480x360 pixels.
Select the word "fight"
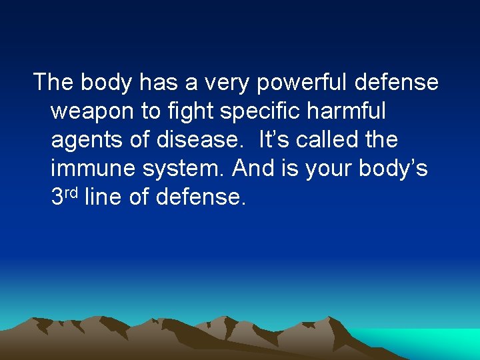pos(189,111)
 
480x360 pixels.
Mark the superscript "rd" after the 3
pos(73,193)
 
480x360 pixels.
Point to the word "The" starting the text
pos(54,83)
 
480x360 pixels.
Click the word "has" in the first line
pos(157,83)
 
